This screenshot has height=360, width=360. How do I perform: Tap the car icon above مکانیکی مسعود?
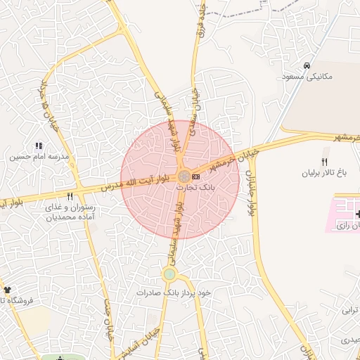tap(306, 65)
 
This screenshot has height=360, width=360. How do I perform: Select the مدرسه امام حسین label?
tap(30, 156)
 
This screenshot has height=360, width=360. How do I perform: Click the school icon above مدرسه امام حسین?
tap(30, 146)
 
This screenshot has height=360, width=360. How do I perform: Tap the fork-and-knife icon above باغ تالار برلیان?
tap(324, 161)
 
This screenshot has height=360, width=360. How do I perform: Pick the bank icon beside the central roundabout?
tap(195, 176)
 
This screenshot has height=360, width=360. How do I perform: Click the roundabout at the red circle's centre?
tap(184, 176)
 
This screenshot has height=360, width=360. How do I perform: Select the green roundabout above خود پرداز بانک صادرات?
tap(169, 274)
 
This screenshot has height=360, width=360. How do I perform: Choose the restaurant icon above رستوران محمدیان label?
tap(70, 197)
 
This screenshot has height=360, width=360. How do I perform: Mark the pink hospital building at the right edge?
tap(344, 214)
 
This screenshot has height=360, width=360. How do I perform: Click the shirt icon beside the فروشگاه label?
tap(7, 290)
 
